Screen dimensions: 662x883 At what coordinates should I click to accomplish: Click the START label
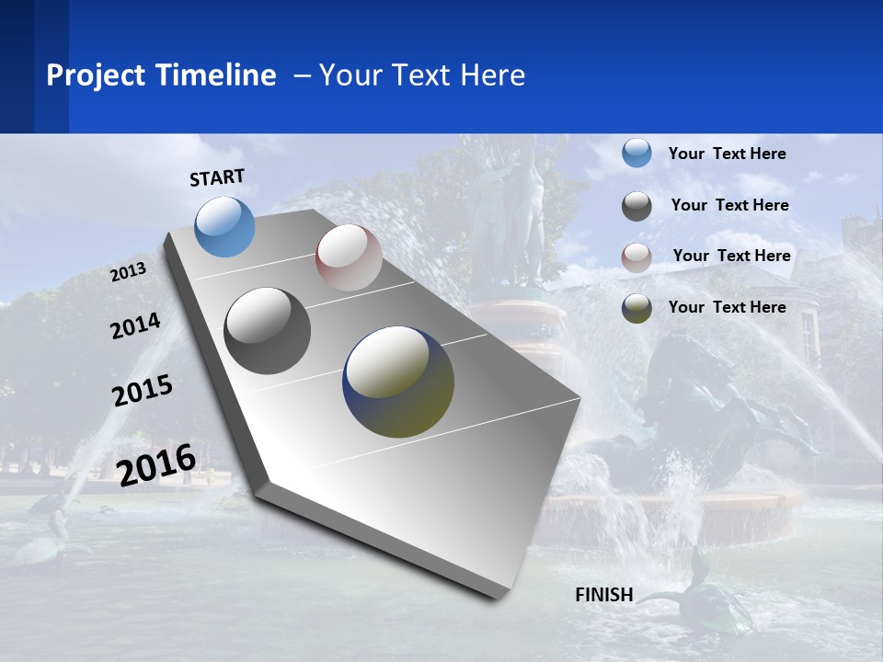pos(217,177)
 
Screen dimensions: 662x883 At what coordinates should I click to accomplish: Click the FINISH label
pos(604,594)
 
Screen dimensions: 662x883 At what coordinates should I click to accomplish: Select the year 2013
pos(129,272)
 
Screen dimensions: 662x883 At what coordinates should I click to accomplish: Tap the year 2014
pos(135,326)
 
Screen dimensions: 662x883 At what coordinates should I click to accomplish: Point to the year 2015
pos(143,390)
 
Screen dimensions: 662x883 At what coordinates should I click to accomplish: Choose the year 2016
pos(157,464)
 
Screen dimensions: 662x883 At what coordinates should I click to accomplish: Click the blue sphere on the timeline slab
pos(225,226)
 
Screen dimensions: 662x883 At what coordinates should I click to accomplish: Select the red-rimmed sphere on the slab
pos(349,257)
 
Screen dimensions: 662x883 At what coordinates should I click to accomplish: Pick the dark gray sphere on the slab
pos(268,330)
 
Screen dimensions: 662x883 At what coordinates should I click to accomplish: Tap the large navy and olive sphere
pos(398,382)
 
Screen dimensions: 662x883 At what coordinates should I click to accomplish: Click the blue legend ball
pos(636,154)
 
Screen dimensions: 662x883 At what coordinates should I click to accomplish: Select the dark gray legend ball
pos(636,206)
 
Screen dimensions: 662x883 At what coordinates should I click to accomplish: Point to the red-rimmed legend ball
pos(636,257)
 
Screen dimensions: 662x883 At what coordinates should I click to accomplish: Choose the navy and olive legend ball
pos(636,308)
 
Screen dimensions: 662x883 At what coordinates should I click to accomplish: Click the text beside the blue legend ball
pos(727,154)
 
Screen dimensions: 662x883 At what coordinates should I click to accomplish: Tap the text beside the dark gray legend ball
pos(729,205)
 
